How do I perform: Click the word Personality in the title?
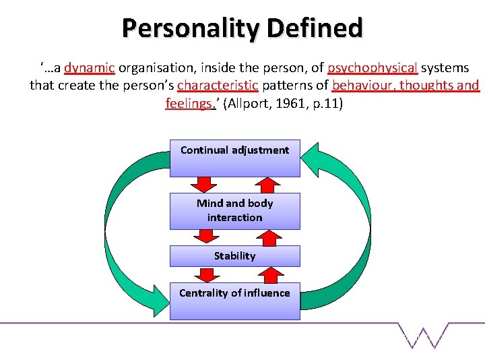[x=191, y=28]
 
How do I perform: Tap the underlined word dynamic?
[x=90, y=68]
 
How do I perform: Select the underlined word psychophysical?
[x=373, y=68]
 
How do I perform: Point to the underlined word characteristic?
[x=218, y=86]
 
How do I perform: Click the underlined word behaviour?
[x=364, y=86]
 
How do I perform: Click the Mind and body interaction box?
[x=234, y=210]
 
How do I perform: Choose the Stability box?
[x=234, y=256]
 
